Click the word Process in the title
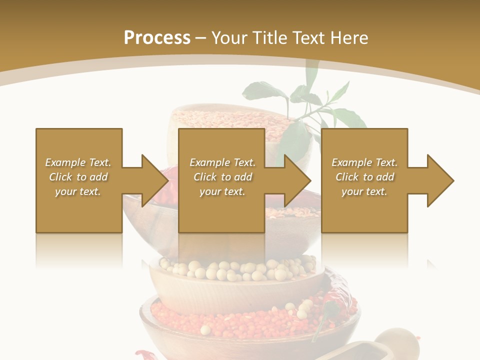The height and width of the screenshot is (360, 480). tap(157, 38)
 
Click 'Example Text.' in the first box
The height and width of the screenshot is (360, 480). tap(78, 162)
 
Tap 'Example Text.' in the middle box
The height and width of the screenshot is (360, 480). tap(222, 162)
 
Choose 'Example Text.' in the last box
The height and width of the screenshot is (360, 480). tap(364, 162)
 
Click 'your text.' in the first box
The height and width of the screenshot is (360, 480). tap(78, 191)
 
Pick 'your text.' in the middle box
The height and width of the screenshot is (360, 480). tap(222, 191)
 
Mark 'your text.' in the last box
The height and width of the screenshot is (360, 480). tap(364, 191)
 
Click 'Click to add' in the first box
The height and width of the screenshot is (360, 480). tap(78, 177)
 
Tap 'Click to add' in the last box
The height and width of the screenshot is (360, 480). tap(364, 177)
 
